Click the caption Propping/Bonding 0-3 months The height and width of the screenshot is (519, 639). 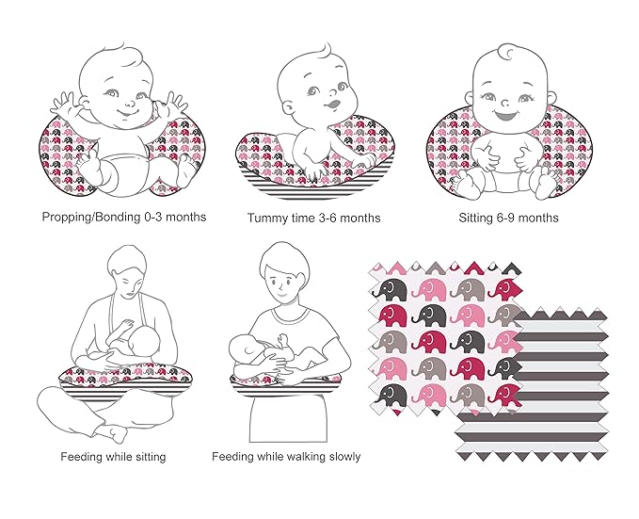(124, 217)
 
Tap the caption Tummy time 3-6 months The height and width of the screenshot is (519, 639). (313, 218)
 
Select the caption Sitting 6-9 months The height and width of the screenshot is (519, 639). (508, 218)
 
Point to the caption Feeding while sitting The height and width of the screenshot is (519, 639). (113, 456)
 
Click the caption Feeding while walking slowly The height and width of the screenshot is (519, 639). (286, 456)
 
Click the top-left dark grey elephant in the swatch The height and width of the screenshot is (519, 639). (390, 289)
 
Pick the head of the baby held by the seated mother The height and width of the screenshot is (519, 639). (145, 339)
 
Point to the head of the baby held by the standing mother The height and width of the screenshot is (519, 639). (244, 348)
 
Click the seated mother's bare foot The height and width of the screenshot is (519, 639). (111, 433)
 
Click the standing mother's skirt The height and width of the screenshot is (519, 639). (288, 418)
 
